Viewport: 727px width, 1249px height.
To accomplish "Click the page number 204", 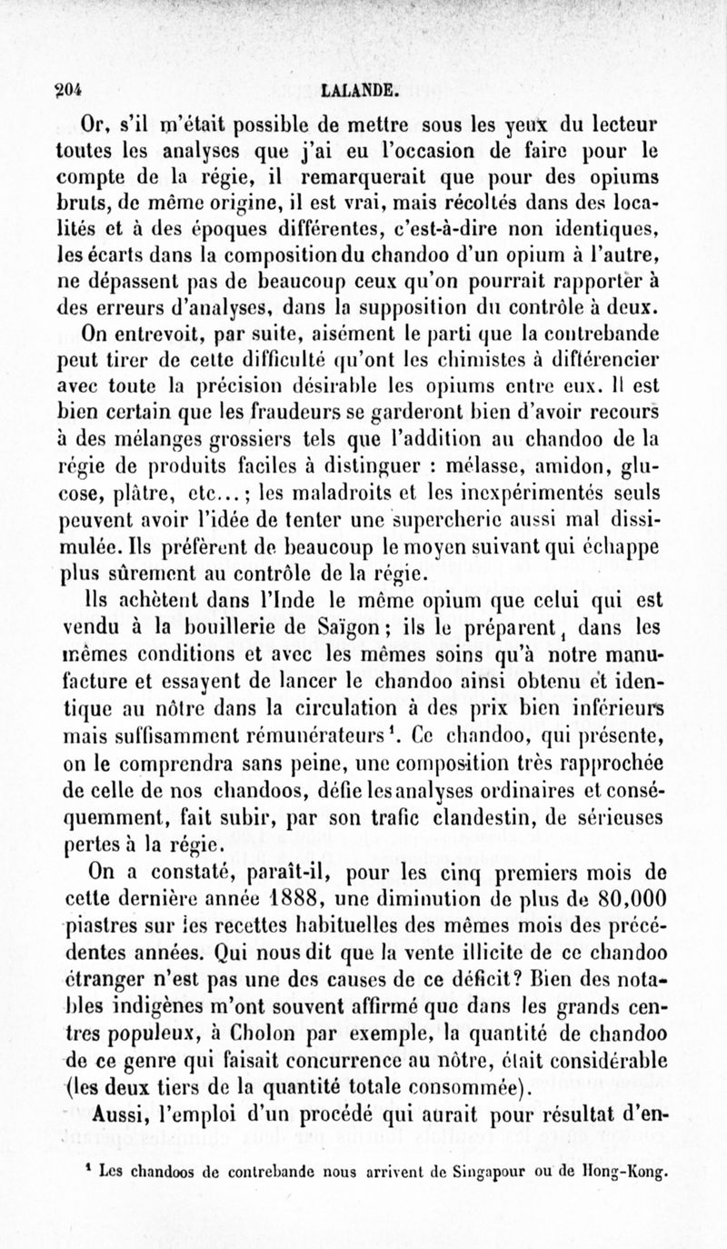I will [69, 89].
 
